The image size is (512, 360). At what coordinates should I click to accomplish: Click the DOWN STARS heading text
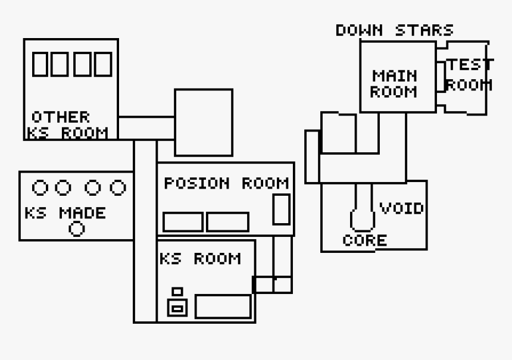click(394, 30)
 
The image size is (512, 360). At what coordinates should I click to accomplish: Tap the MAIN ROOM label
click(394, 84)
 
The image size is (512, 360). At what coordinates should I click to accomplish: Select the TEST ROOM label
click(470, 74)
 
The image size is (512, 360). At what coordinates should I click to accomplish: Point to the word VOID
click(402, 208)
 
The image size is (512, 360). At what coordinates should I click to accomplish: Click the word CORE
click(365, 240)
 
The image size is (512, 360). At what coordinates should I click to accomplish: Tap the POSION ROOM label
click(226, 183)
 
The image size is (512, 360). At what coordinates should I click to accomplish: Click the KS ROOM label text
click(200, 259)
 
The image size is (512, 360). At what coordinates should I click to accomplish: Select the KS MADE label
click(65, 213)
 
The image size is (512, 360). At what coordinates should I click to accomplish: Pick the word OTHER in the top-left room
click(60, 117)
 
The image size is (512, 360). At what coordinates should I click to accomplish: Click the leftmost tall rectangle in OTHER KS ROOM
click(40, 64)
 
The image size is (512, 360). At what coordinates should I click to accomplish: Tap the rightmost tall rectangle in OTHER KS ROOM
click(104, 64)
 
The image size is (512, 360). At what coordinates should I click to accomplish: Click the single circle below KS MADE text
click(77, 228)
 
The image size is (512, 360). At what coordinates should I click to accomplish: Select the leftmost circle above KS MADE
click(40, 188)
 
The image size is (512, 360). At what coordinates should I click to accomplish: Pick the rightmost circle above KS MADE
click(118, 188)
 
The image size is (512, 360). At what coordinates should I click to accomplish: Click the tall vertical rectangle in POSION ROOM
click(281, 209)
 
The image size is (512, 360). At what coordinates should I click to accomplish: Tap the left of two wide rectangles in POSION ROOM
click(183, 222)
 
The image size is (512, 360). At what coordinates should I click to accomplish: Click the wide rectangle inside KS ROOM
click(223, 306)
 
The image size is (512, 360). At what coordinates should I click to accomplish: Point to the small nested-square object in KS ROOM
click(177, 305)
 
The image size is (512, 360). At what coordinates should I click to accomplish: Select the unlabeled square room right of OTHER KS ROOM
click(203, 123)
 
